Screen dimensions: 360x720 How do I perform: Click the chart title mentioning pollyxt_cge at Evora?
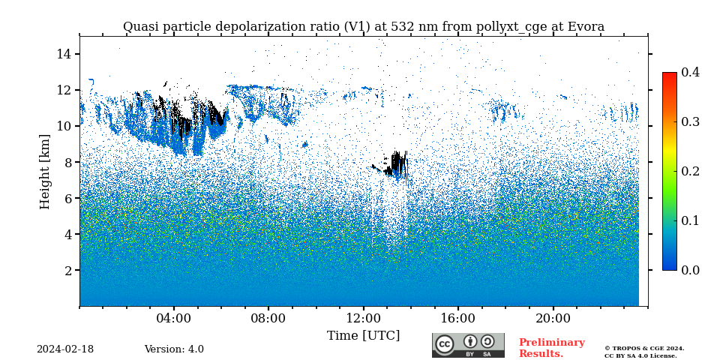[x=363, y=27]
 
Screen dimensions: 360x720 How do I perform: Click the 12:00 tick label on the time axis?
[x=363, y=318]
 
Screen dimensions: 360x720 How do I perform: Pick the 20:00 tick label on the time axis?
[x=553, y=318]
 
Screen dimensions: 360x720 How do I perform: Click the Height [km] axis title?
[x=45, y=171]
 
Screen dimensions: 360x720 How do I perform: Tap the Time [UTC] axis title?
[x=363, y=335]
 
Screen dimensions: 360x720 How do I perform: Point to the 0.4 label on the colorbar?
[x=690, y=72]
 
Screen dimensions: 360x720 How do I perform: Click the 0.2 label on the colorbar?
[x=690, y=171]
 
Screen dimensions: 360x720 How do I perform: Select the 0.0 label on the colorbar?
[x=690, y=270]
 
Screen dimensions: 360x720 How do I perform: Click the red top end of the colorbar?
[x=669, y=75]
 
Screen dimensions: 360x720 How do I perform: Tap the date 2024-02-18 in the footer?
[x=65, y=349]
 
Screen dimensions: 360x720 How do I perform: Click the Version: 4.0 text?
[x=174, y=349]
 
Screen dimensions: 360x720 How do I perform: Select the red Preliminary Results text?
[x=551, y=348]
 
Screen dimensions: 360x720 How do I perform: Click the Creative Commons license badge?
[x=468, y=345]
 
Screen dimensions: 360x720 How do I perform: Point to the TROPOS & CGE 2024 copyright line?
[x=644, y=348]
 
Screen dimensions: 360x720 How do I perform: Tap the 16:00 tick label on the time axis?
[x=458, y=318]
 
